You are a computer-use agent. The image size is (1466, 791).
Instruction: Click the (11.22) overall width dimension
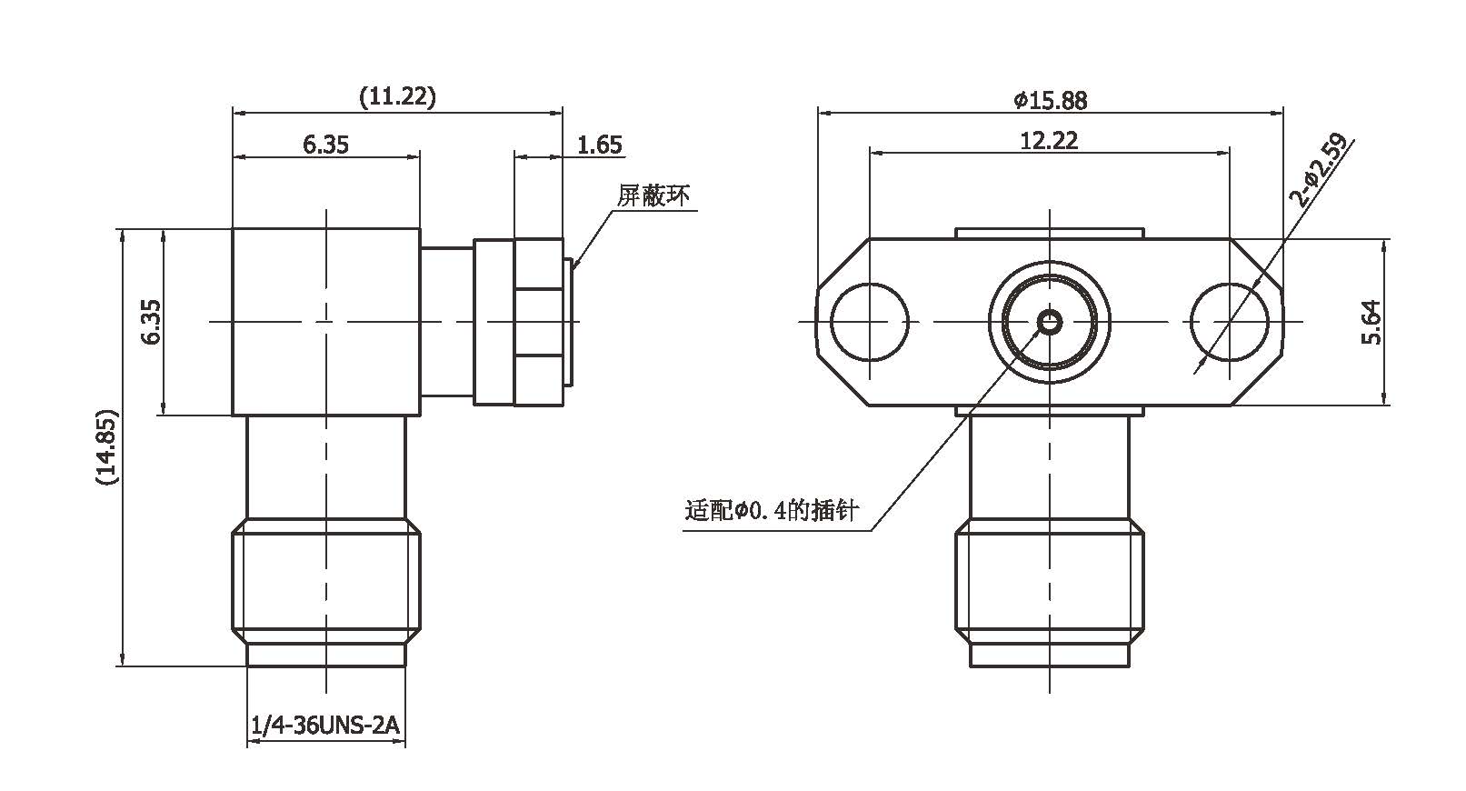tap(397, 96)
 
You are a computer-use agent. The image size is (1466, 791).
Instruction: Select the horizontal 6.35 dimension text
tap(325, 144)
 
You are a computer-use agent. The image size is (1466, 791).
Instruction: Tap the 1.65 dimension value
tap(600, 145)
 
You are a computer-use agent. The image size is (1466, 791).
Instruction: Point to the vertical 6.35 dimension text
tap(151, 322)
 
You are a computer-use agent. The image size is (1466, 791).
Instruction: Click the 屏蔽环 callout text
tap(653, 195)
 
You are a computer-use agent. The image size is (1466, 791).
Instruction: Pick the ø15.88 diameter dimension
tap(1051, 100)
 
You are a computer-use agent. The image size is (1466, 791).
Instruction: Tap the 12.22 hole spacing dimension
tap(1049, 140)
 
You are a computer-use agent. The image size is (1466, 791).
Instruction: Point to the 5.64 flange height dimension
tap(1371, 322)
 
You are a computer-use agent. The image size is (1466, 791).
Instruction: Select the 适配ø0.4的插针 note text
tap(772, 512)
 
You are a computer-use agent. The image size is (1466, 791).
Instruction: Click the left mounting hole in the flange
tap(870, 321)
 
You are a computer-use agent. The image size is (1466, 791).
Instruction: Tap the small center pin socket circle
tap(1050, 321)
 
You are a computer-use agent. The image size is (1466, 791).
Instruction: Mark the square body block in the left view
tap(325, 321)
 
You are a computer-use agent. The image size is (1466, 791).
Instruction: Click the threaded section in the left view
tap(325, 582)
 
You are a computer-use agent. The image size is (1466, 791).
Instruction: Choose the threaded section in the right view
tap(1050, 582)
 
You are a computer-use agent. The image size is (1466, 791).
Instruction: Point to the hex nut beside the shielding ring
tap(538, 321)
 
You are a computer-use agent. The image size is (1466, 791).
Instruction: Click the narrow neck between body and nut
tap(446, 321)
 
